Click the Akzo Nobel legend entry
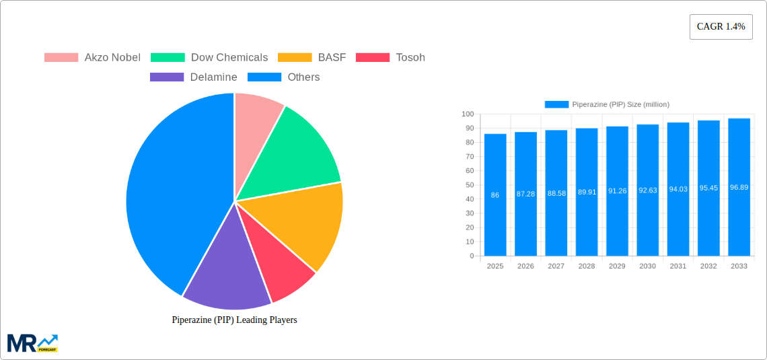coord(92,57)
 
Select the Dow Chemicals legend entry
coord(209,57)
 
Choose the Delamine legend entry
coord(194,77)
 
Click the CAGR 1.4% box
coord(721,26)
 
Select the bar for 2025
coord(495,194)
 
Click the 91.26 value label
coord(617,190)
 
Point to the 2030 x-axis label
coord(647,266)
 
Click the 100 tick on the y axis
coord(467,114)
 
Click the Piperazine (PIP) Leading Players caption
coord(234,320)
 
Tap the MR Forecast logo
coord(32,343)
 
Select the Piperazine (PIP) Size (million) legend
coord(607,104)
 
